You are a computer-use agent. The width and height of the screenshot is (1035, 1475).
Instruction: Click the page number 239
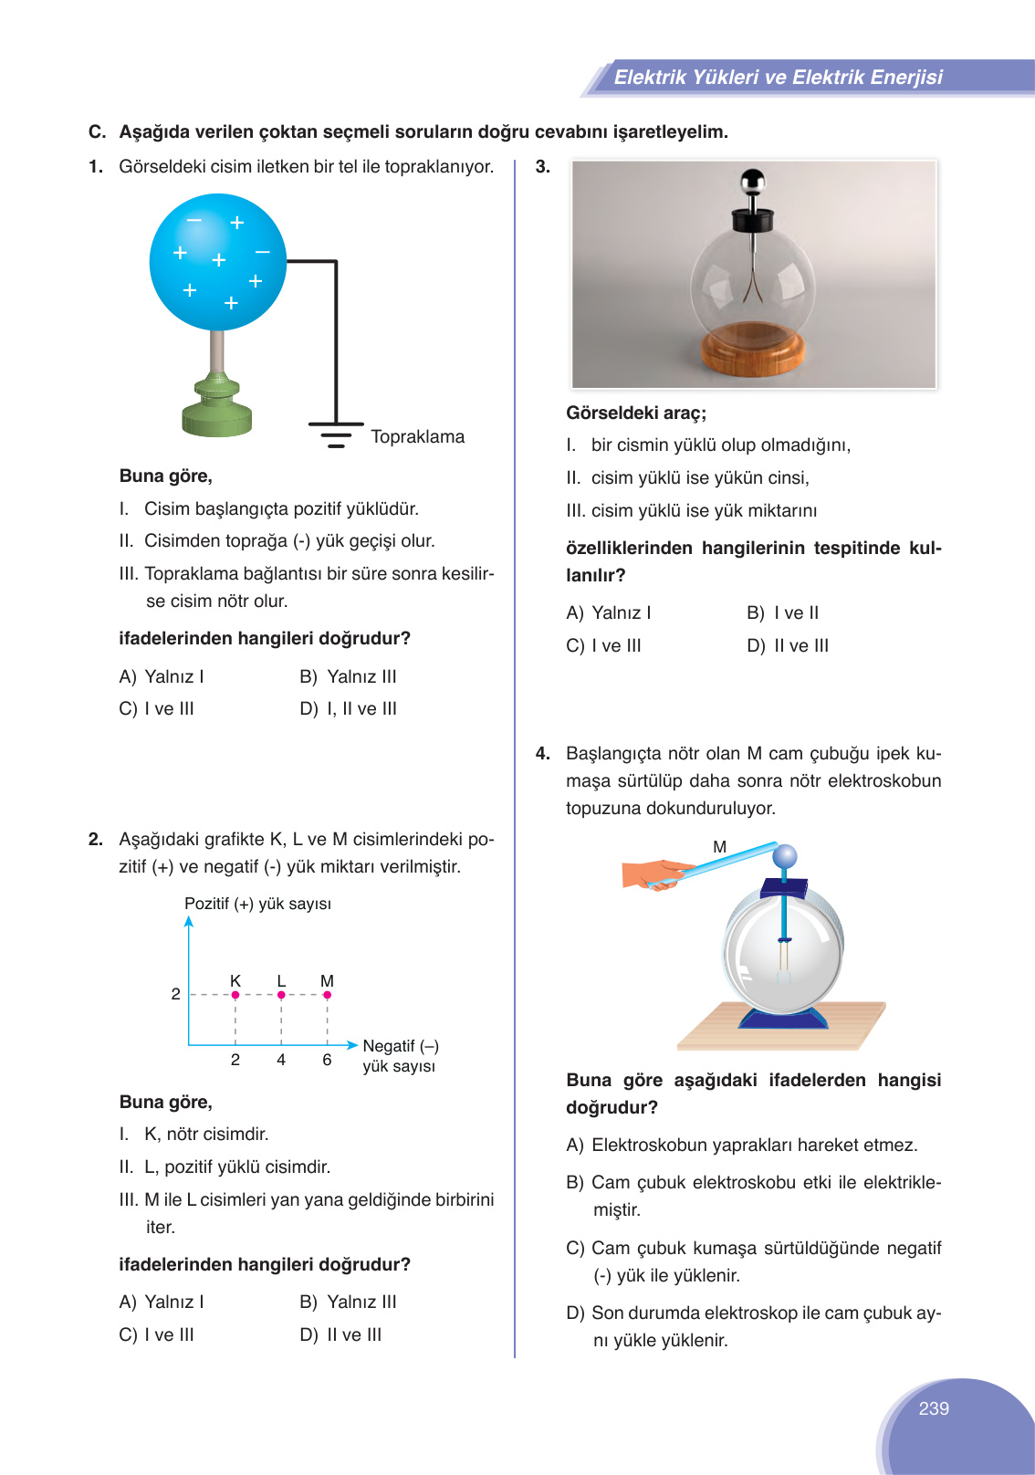click(933, 1408)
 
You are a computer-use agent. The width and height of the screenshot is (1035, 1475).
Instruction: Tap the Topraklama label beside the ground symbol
click(417, 437)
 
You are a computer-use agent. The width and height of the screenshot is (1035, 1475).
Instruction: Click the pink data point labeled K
click(235, 995)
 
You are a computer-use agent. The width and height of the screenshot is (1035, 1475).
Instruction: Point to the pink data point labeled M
click(327, 995)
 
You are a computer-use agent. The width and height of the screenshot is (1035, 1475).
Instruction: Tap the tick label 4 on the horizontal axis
click(281, 1060)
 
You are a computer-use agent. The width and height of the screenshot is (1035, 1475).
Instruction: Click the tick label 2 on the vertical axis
click(175, 994)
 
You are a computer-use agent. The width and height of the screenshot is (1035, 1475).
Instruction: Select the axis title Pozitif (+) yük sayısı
click(257, 904)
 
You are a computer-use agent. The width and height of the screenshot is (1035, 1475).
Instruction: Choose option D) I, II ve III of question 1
click(349, 709)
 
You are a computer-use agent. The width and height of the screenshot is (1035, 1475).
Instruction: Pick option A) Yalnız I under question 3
click(609, 613)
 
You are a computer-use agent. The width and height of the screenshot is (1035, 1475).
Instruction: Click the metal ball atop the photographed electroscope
click(752, 182)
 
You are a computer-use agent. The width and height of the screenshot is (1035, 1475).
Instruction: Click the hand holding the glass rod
click(653, 873)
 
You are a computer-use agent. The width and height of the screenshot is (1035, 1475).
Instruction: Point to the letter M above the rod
click(719, 847)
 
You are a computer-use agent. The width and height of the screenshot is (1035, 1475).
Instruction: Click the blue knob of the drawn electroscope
click(785, 856)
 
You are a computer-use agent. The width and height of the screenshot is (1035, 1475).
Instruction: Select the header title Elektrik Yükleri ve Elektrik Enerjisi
click(778, 78)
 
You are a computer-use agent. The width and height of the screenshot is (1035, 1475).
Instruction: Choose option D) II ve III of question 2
click(340, 1335)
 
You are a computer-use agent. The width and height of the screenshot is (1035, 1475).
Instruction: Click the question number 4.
click(542, 754)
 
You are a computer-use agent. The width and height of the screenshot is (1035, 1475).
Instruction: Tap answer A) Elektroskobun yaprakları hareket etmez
click(742, 1145)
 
